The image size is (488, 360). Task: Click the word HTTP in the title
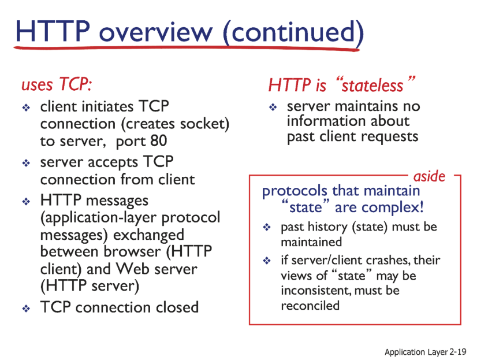53,31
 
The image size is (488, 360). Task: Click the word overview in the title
156,32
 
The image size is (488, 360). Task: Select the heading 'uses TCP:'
57,84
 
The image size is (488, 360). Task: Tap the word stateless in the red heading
372,86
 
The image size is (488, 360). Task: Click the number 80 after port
158,141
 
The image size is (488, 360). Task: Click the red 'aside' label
429,176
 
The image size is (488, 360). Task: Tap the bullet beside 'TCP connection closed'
26,309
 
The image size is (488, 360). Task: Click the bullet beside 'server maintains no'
273,107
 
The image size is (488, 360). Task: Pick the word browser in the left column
131,251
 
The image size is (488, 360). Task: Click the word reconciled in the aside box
310,306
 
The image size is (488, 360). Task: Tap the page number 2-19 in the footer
457,352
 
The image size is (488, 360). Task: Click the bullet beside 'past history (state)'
267,227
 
